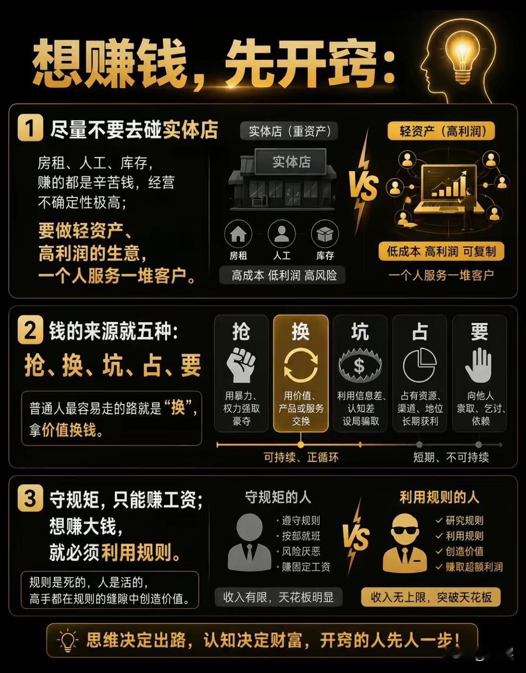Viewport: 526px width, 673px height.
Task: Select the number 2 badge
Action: pos(30,331)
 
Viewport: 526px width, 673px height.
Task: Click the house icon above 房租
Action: pos(238,234)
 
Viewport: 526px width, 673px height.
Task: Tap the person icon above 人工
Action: pos(282,234)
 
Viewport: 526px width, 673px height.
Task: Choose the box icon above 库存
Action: pos(325,234)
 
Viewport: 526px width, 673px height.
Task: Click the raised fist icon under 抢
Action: pos(241,365)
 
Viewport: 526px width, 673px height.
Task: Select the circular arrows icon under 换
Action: pos(301,365)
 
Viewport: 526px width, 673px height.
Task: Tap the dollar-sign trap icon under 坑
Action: pos(360,365)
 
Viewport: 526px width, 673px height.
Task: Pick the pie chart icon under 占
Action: pos(420,365)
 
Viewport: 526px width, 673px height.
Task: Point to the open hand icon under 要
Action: pos(479,365)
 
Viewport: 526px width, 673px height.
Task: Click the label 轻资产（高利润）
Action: pos(441,131)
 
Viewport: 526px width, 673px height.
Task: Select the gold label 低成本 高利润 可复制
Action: pos(441,251)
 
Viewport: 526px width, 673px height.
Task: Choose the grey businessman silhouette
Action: pos(249,542)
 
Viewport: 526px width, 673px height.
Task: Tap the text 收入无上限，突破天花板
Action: pos(431,597)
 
